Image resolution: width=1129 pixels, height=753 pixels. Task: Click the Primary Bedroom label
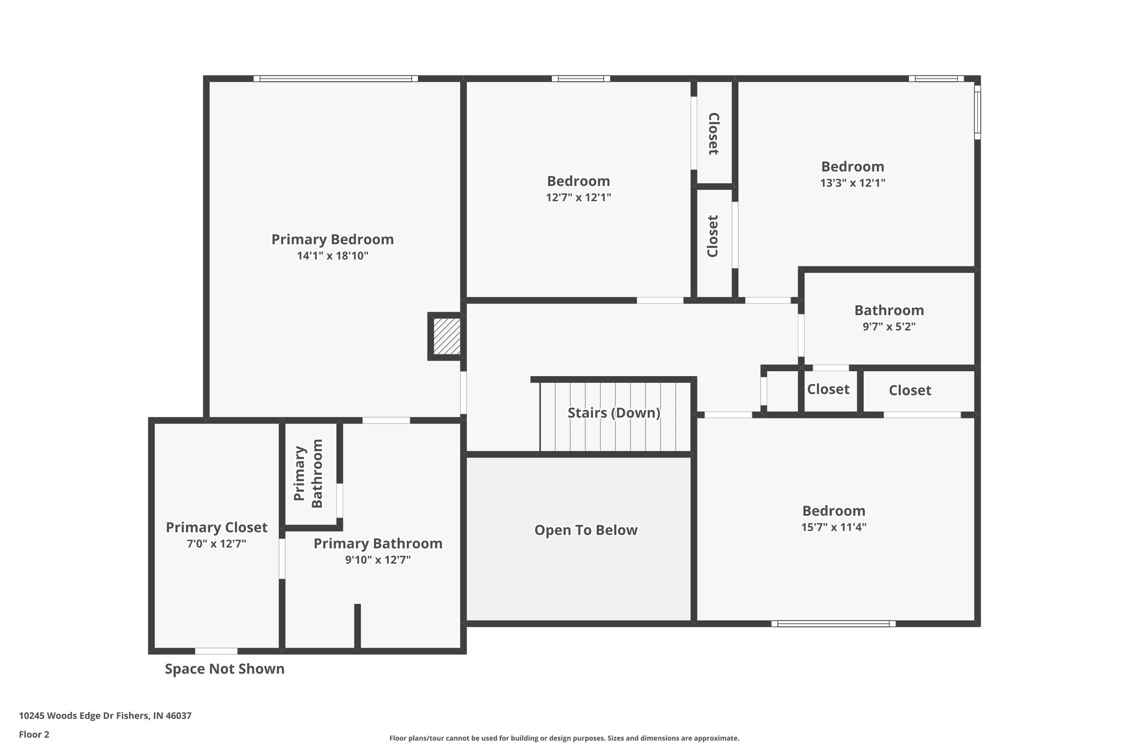(332, 239)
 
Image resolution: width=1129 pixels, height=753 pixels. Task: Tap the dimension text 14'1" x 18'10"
(332, 256)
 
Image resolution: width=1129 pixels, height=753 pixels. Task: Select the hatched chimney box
(447, 337)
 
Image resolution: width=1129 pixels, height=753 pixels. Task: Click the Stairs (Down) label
(614, 413)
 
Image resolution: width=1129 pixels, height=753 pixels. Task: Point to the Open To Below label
(585, 530)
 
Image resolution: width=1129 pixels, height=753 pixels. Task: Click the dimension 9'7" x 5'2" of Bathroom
(889, 327)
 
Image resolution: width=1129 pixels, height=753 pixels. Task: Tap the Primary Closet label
(217, 527)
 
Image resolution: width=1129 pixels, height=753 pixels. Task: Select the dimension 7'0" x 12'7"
(217, 544)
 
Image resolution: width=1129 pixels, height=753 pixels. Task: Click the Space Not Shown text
(224, 669)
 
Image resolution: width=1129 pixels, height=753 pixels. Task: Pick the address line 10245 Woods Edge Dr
(105, 716)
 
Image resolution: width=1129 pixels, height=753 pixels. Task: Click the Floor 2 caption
(34, 735)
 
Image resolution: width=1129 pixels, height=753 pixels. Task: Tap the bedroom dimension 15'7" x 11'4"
(834, 527)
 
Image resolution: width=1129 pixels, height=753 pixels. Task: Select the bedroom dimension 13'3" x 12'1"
(852, 183)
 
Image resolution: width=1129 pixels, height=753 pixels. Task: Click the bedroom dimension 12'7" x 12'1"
(578, 197)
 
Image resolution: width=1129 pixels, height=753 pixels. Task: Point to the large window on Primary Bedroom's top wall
(336, 79)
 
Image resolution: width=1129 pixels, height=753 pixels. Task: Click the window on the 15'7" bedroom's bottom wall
(833, 624)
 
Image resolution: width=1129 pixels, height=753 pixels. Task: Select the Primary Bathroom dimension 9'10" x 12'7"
(378, 560)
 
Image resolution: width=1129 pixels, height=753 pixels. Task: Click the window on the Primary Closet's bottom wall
(216, 651)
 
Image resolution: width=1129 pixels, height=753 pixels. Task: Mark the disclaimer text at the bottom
(564, 738)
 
